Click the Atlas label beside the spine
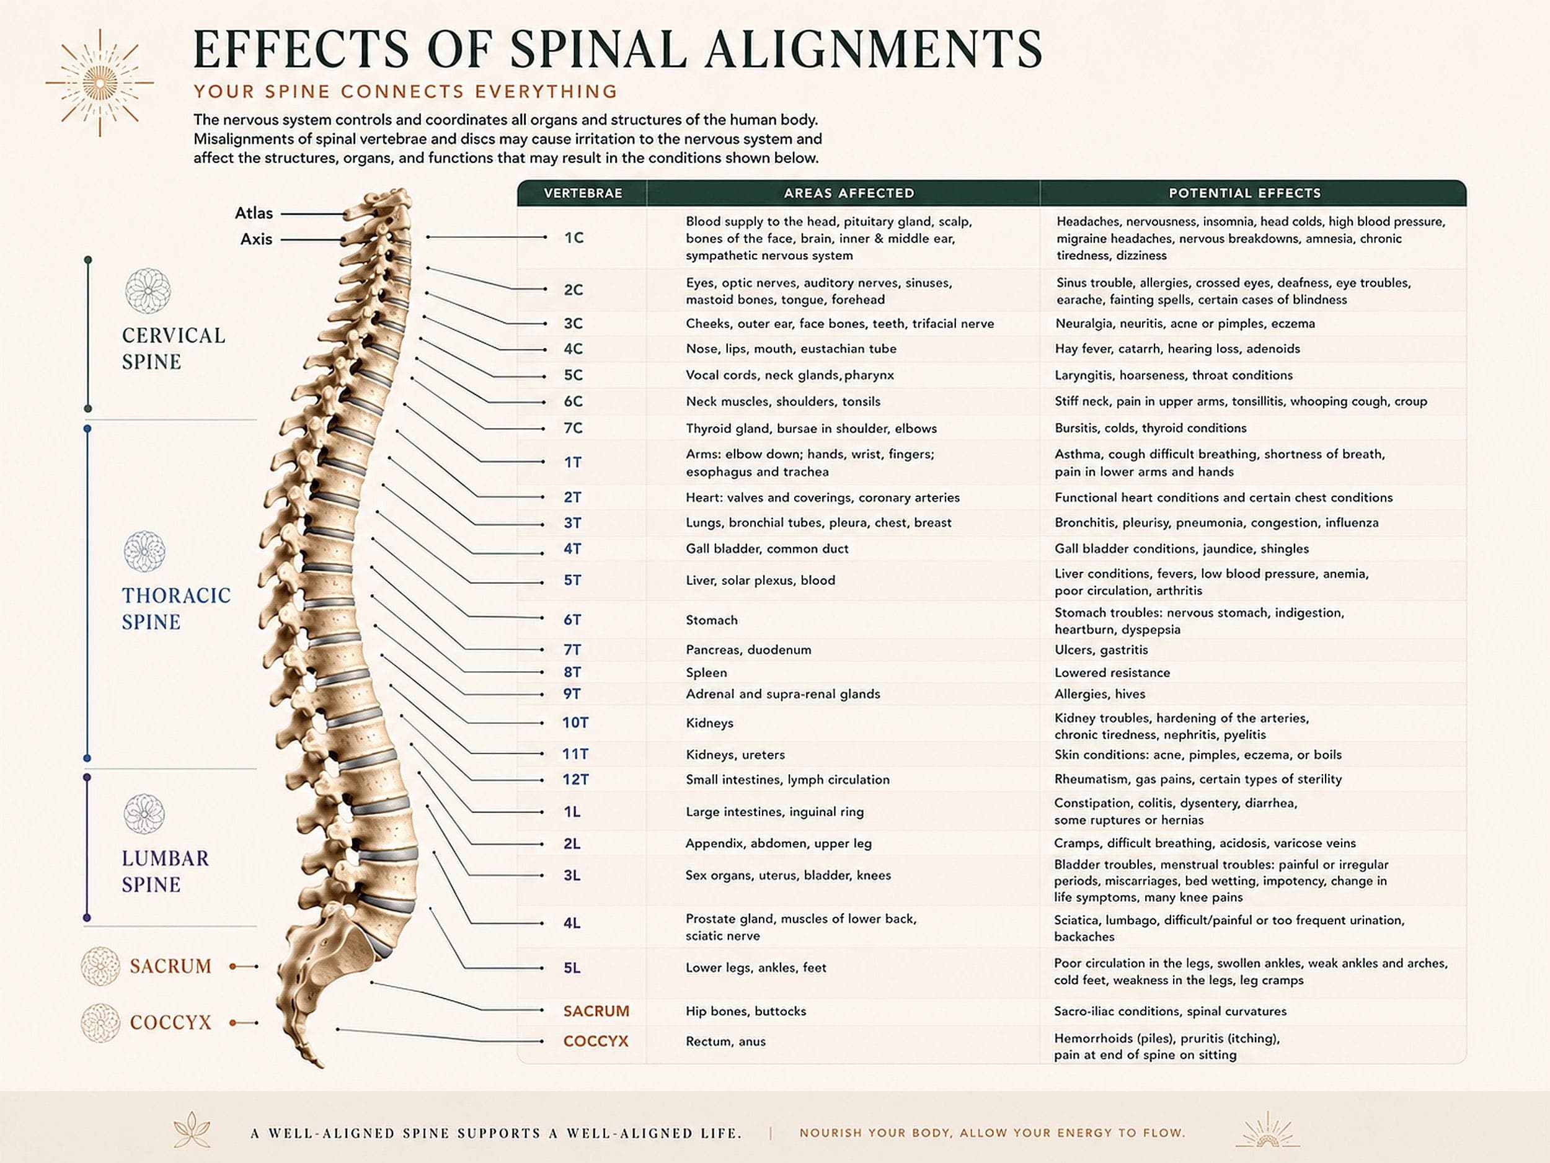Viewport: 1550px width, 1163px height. coord(254,213)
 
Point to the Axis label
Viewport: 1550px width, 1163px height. coord(256,239)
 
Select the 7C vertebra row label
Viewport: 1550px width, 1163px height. coord(573,427)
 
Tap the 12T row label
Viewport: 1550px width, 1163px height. coord(575,780)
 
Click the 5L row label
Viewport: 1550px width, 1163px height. coord(572,968)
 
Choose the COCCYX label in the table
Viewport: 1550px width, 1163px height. coord(596,1041)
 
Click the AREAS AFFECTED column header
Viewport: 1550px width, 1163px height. coord(849,193)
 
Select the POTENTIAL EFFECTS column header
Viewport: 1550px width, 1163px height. coord(1244,193)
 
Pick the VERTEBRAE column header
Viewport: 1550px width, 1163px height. coord(583,193)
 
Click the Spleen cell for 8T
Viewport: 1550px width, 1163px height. coord(706,672)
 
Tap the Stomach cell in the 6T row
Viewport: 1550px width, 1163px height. coord(711,620)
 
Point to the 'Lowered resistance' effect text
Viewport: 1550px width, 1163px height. coord(1112,672)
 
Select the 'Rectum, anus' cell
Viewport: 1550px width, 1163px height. coord(725,1041)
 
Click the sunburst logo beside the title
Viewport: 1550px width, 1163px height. coord(99,82)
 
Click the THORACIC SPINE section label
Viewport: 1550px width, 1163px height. coord(176,608)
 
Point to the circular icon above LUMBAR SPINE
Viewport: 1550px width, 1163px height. coord(144,814)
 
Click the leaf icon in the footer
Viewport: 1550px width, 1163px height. coord(192,1129)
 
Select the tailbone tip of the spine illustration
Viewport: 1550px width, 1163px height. coord(319,1064)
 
